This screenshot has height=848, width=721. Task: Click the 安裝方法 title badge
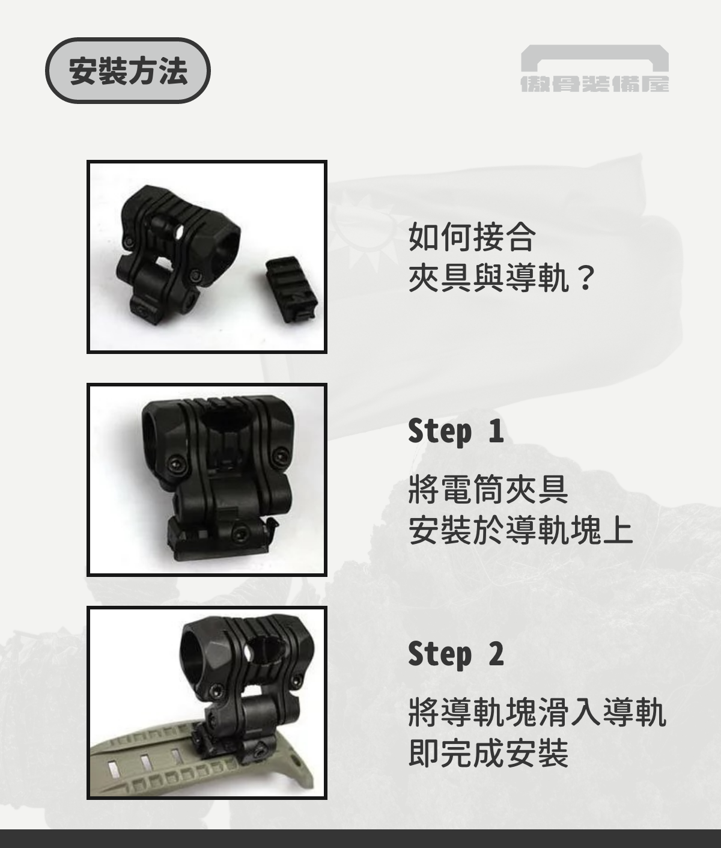pos(128,71)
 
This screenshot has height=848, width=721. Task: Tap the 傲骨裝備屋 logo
pos(594,69)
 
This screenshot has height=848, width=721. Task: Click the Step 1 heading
pos(455,431)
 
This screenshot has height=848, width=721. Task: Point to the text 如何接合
pos(472,236)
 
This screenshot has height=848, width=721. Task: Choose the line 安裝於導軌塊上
pos(520,531)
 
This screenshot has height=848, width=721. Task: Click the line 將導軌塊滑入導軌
pos(537,712)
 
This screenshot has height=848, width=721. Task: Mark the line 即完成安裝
pos(488,753)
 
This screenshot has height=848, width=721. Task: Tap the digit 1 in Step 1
pos(495,431)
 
